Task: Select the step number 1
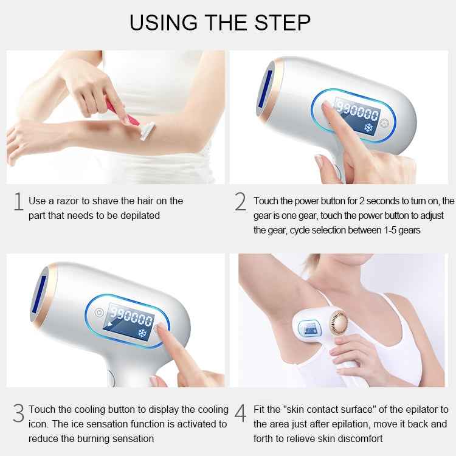click(18, 202)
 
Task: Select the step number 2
click(241, 202)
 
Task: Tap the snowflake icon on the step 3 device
click(143, 334)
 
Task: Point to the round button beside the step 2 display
click(384, 122)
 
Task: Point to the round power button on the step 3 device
click(99, 313)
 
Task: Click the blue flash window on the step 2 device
click(268, 90)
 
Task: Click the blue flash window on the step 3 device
click(41, 294)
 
